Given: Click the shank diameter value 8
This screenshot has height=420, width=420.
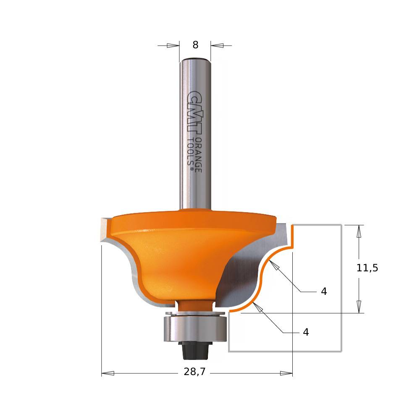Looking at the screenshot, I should pyautogui.click(x=195, y=45).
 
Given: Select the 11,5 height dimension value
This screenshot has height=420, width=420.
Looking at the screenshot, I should pyautogui.click(x=367, y=268).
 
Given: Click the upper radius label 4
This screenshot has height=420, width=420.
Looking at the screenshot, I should pyautogui.click(x=324, y=291).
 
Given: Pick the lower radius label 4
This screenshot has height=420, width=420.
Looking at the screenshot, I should pyautogui.click(x=306, y=332).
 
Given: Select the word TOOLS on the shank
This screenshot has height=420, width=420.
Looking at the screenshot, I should pyautogui.click(x=192, y=153).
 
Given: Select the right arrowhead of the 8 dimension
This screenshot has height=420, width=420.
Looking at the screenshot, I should pyautogui.click(x=216, y=45).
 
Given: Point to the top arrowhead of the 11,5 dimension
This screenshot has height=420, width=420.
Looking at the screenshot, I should pyautogui.click(x=359, y=231).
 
